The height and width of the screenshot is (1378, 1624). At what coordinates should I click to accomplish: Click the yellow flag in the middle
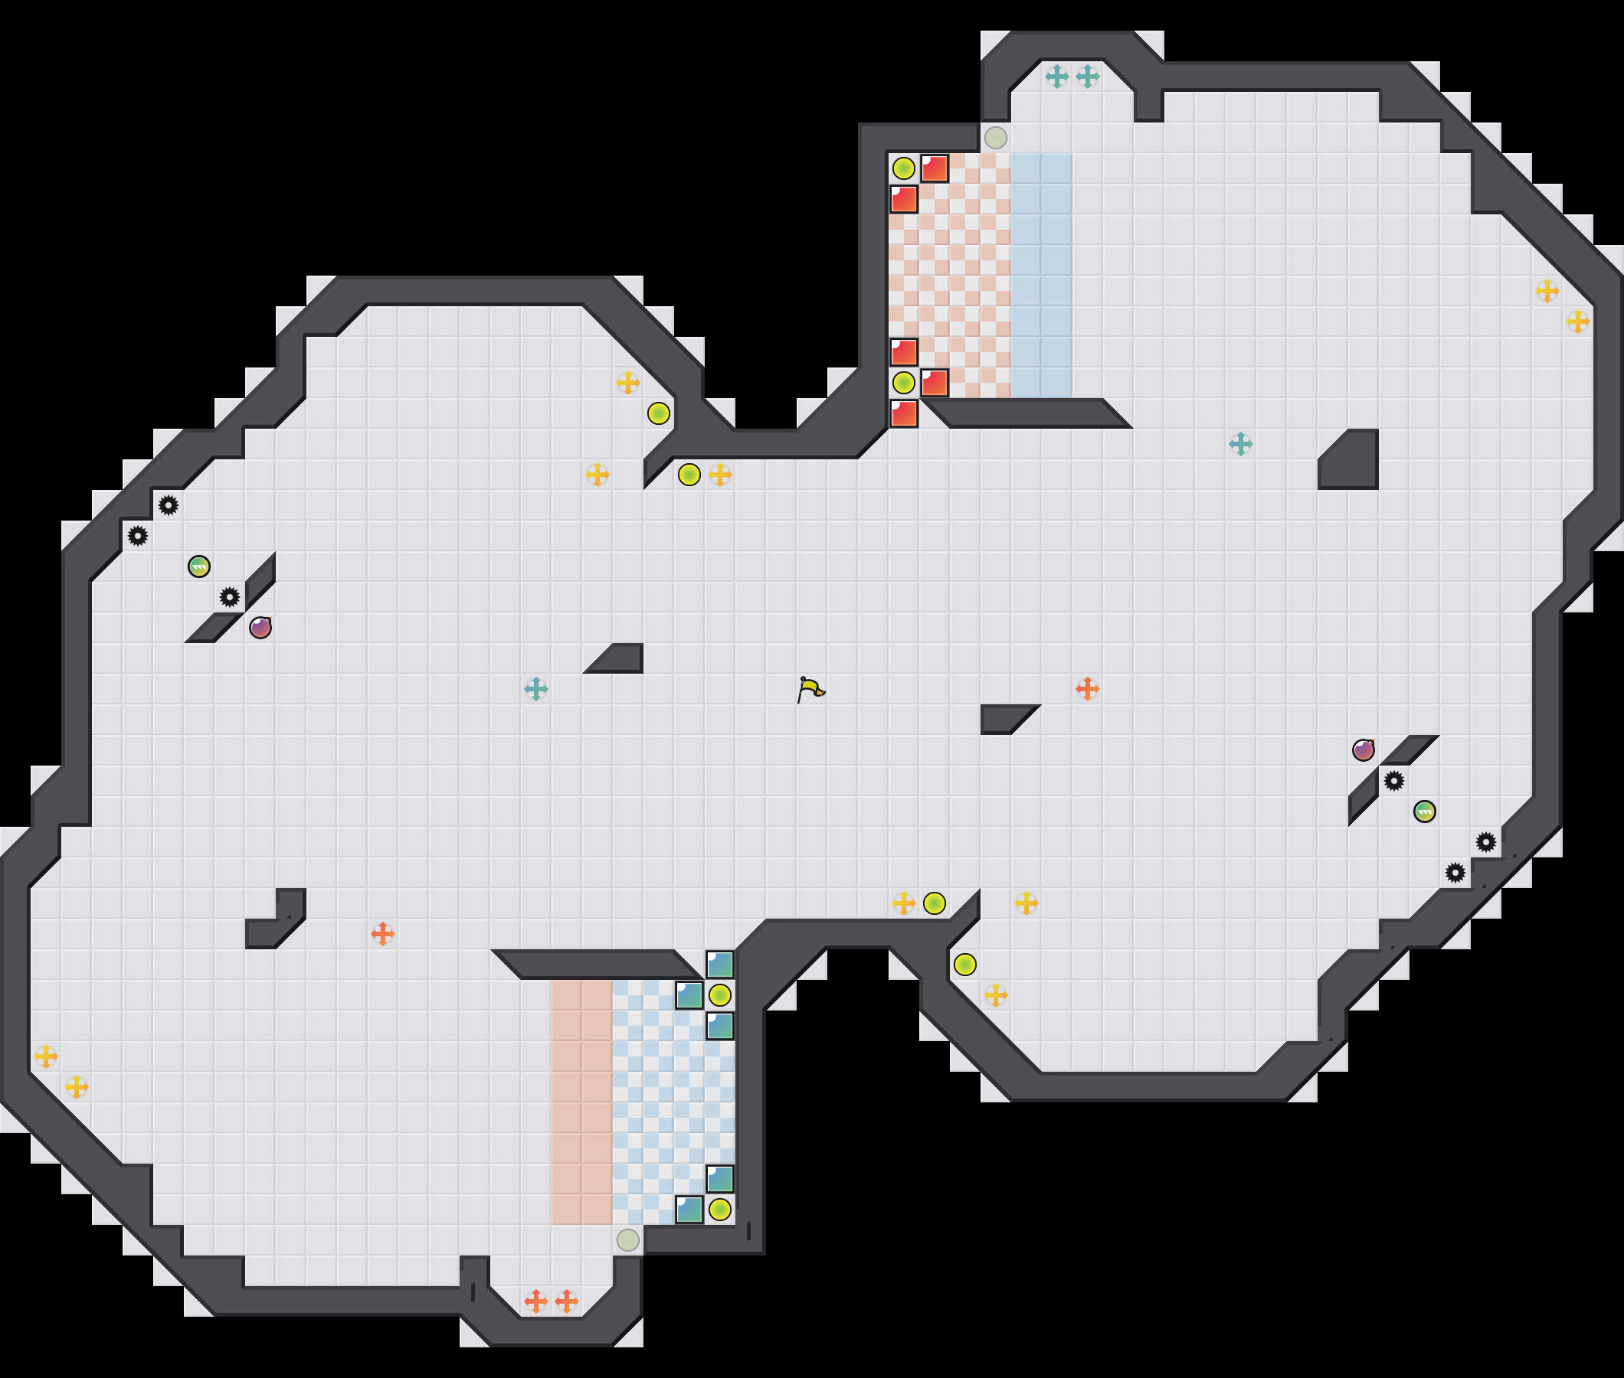click(x=810, y=689)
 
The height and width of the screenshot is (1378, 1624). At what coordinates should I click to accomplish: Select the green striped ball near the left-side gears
click(x=199, y=567)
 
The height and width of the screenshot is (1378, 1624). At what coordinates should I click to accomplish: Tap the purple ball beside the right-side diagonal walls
click(x=1363, y=750)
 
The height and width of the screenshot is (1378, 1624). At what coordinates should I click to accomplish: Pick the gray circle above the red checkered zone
click(x=995, y=139)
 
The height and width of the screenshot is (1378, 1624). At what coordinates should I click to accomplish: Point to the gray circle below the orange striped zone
click(x=627, y=1239)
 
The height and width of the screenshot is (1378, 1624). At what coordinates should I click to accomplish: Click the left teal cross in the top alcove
click(x=1056, y=77)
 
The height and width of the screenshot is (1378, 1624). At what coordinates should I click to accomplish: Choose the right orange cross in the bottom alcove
click(x=567, y=1301)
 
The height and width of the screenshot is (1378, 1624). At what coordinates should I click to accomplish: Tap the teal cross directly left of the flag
click(x=536, y=689)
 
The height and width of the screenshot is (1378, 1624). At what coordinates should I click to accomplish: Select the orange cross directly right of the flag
click(x=1087, y=689)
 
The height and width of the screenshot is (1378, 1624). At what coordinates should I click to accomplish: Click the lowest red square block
click(x=903, y=413)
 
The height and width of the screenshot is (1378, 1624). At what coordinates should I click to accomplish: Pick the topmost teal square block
click(x=720, y=965)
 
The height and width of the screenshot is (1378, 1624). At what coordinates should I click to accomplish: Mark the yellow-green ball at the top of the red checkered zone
click(x=903, y=168)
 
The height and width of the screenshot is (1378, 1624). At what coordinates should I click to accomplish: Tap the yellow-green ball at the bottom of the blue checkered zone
click(x=720, y=1210)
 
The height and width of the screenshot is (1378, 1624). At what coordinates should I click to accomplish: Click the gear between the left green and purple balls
click(x=230, y=598)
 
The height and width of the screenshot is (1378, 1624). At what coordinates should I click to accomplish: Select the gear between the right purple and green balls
click(x=1393, y=780)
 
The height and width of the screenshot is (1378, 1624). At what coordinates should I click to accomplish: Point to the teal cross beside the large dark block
click(x=1240, y=444)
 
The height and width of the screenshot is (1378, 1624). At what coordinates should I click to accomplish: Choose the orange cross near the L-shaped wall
click(x=383, y=933)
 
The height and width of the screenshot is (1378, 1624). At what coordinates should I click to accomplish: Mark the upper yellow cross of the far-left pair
click(x=46, y=1056)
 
